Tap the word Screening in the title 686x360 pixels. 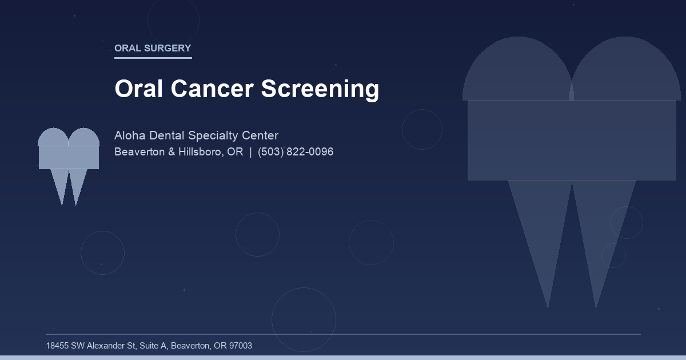(320, 89)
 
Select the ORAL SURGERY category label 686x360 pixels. (153, 48)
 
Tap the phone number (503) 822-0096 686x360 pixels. (296, 152)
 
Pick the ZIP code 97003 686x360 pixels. (240, 346)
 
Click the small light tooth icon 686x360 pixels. (69, 160)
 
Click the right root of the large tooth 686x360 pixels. (600, 229)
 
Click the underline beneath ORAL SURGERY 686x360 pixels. (153, 58)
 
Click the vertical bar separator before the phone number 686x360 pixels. (250, 152)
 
